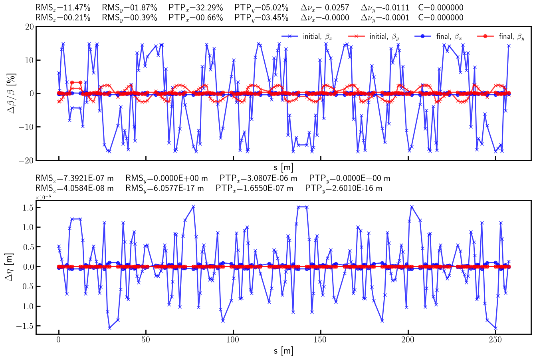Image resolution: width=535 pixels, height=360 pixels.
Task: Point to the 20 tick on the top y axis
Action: pyautogui.click(x=28, y=27)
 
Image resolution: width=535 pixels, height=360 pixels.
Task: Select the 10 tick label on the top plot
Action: pyautogui.click(x=28, y=60)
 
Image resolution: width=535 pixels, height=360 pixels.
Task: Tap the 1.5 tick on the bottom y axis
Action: pyautogui.click(x=27, y=207)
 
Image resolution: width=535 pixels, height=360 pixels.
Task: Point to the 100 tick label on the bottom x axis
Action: pyautogui.click(x=233, y=340)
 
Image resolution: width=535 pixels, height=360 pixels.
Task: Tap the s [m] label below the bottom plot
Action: pyautogui.click(x=283, y=351)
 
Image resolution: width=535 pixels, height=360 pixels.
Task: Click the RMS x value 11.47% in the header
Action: pyautogui.click(x=63, y=8)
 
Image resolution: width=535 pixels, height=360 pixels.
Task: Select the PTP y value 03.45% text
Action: pyautogui.click(x=262, y=18)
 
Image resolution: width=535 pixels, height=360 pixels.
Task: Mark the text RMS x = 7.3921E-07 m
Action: pyautogui.click(x=74, y=178)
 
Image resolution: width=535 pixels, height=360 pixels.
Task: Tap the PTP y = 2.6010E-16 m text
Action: pyautogui.click(x=344, y=188)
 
